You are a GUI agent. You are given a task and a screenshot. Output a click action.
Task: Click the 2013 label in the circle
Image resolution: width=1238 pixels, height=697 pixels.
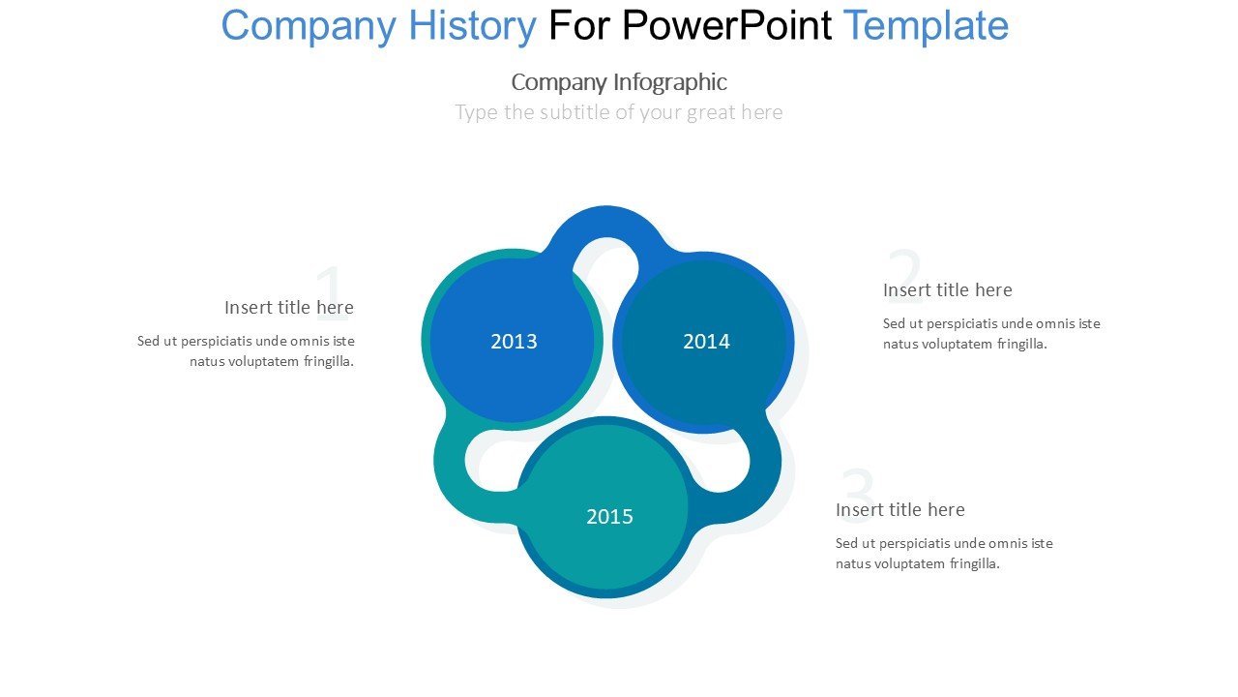(x=514, y=342)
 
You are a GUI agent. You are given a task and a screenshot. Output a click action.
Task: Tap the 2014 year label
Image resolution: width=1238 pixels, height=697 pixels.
(x=706, y=342)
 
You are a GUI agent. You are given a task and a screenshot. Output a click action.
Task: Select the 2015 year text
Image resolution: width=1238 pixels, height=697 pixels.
(x=609, y=517)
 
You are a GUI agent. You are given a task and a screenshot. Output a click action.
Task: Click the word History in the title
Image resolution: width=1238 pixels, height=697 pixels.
(x=472, y=26)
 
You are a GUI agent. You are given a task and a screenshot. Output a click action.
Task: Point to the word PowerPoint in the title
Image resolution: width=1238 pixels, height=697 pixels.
(x=726, y=25)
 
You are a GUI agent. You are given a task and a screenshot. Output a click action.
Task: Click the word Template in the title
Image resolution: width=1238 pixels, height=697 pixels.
(x=926, y=26)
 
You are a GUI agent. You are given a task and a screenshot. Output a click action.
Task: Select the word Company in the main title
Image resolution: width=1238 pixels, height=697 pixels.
(x=309, y=26)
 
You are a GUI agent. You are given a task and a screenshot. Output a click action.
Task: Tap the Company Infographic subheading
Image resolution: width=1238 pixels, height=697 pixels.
(x=619, y=82)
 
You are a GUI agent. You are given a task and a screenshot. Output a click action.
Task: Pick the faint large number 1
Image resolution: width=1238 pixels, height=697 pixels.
(x=332, y=292)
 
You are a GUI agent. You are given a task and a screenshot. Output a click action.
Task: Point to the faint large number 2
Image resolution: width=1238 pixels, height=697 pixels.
(x=904, y=276)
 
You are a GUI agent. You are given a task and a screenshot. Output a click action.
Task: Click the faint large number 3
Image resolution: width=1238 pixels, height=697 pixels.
(x=857, y=495)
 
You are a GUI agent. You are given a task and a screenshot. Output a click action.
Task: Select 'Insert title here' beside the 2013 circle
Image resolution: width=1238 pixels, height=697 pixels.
(x=289, y=308)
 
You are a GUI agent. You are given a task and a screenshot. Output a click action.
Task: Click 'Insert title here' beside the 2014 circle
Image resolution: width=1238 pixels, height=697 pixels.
(x=947, y=289)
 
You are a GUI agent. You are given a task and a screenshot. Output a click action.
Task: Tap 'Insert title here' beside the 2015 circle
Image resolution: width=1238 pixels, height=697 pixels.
(x=899, y=509)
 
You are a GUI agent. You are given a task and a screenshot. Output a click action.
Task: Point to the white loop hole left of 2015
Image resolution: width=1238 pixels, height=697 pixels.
(x=489, y=468)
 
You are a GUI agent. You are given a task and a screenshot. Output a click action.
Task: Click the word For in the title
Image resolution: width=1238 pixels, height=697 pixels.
(x=579, y=25)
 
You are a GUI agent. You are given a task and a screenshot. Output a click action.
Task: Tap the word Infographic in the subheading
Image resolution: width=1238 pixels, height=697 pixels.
(x=670, y=82)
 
